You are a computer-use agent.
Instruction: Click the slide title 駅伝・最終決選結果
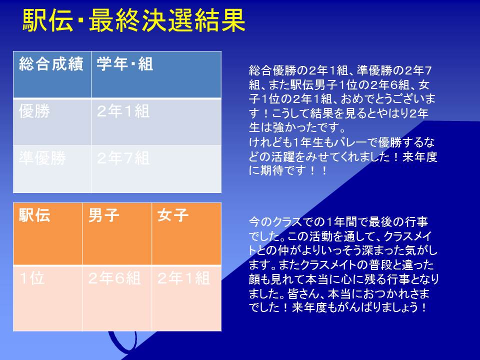pyautogui.click(x=134, y=20)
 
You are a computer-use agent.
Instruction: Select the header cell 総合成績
pyautogui.click(x=52, y=74)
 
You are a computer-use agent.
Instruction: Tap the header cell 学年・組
pyautogui.click(x=156, y=74)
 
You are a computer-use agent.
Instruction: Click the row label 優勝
pyautogui.click(x=52, y=122)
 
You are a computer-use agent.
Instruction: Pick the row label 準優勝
pyautogui.click(x=52, y=169)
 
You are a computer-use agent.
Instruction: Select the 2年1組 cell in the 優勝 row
pyautogui.click(x=156, y=122)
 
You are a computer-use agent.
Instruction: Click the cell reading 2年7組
pyautogui.click(x=156, y=169)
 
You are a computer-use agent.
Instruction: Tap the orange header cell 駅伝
pyautogui.click(x=48, y=234)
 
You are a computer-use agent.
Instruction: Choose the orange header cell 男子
pyautogui.click(x=117, y=234)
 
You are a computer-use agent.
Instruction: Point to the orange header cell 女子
pyautogui.click(x=186, y=234)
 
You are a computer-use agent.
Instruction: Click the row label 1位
pyautogui.click(x=48, y=298)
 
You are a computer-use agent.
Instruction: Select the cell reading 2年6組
pyautogui.click(x=117, y=298)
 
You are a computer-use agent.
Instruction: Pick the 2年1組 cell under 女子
pyautogui.click(x=186, y=298)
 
